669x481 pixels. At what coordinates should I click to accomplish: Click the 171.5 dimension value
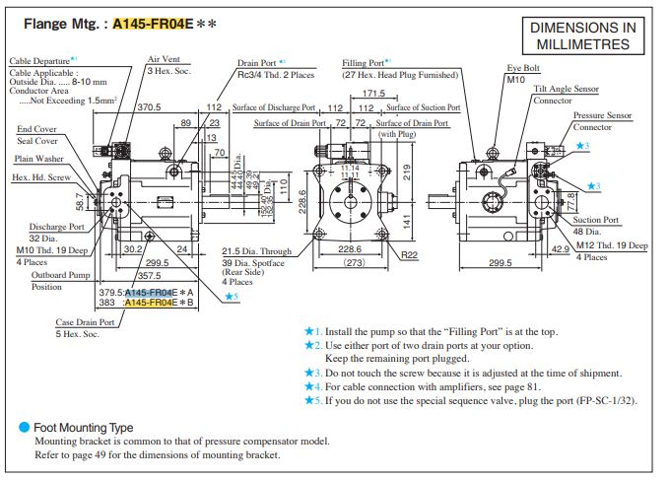pyautogui.click(x=372, y=94)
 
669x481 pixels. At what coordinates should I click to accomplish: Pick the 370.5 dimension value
pyautogui.click(x=148, y=105)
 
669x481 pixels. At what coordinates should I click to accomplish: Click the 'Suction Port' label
pyautogui.click(x=596, y=220)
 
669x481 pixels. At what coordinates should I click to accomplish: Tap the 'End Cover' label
pyautogui.click(x=36, y=128)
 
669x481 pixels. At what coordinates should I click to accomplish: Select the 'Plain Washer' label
pyautogui.click(x=40, y=158)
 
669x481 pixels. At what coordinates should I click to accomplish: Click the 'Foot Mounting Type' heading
pyautogui.click(x=83, y=428)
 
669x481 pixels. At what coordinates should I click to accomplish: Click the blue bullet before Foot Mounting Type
pyautogui.click(x=24, y=428)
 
